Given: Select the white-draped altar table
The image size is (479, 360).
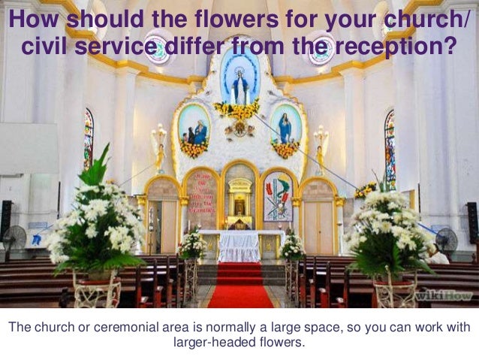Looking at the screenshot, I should click(x=239, y=245).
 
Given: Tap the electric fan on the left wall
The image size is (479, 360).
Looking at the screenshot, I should click(x=15, y=238).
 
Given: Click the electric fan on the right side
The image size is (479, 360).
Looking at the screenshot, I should click(x=446, y=241).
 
